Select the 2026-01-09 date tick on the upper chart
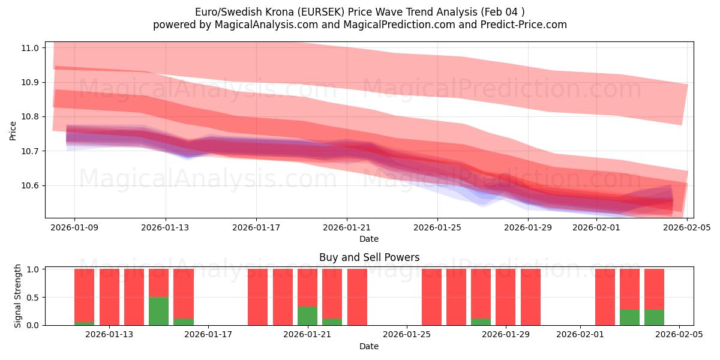[x=74, y=228]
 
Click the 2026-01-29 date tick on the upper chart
[x=527, y=228]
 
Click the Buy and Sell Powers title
[x=369, y=257]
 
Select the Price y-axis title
[x=13, y=130]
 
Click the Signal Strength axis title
[x=18, y=296]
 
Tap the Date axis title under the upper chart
[x=369, y=239]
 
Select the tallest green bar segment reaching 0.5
[x=158, y=311]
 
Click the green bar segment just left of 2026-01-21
[x=307, y=316]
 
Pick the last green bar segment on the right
[x=654, y=317]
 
